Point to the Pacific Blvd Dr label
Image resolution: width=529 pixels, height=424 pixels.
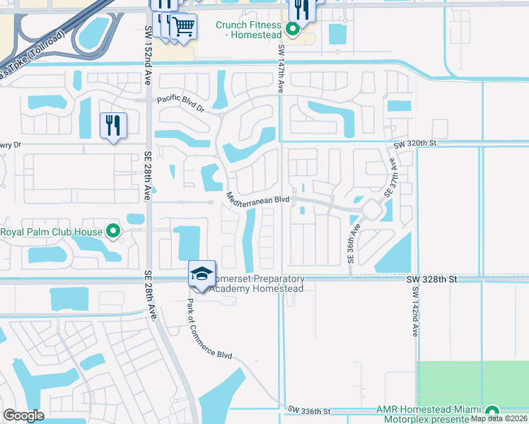click(x=180, y=103)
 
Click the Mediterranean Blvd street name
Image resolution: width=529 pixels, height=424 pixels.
click(x=258, y=199)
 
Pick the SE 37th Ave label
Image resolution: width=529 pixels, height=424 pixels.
click(x=390, y=180)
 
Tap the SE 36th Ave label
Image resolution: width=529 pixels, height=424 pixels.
click(x=351, y=245)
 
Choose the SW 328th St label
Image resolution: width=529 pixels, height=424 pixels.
click(x=433, y=280)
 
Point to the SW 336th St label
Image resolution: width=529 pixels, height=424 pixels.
click(x=309, y=411)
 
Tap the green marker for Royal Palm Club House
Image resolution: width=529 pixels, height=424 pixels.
click(x=112, y=231)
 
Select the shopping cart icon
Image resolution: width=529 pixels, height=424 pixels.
click(x=184, y=27)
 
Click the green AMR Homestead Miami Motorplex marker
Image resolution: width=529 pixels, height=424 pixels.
click(x=492, y=412)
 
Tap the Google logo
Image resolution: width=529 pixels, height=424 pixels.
click(x=23, y=416)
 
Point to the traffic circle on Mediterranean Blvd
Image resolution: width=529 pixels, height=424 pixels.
click(x=371, y=209)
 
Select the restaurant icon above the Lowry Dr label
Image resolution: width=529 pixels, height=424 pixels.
click(x=113, y=125)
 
